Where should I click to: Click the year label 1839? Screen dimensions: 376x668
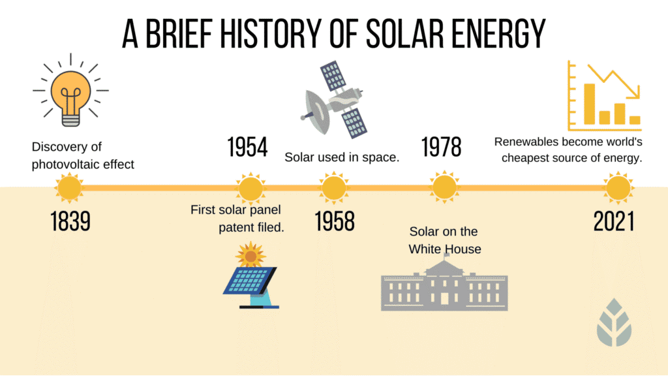(70, 222)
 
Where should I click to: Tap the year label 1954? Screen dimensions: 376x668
(247, 148)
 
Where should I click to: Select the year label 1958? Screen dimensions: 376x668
(335, 222)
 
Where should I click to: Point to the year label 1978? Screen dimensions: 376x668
(442, 148)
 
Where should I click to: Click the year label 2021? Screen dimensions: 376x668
(614, 222)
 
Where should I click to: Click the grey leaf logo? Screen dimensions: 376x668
(614, 321)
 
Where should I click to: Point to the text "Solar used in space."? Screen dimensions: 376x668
(342, 157)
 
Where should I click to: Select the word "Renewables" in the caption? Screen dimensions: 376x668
(524, 142)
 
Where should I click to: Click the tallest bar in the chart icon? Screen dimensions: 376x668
(589, 104)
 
